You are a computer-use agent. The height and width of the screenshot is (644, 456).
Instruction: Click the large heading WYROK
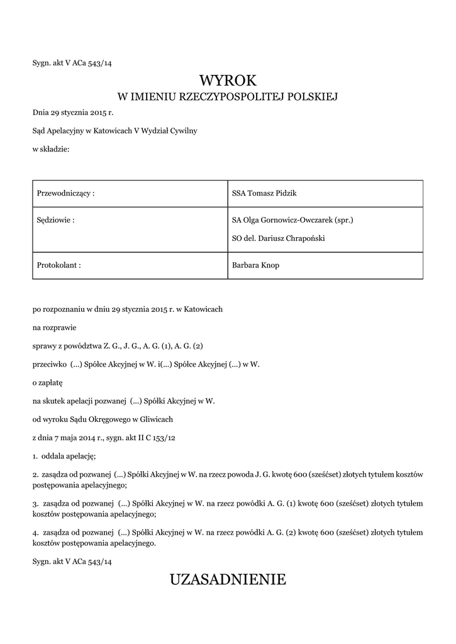pos(228,80)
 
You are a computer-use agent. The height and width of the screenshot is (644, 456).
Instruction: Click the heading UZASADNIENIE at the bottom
pos(228,579)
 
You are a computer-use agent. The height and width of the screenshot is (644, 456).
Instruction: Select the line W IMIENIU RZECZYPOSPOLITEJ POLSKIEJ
pos(228,97)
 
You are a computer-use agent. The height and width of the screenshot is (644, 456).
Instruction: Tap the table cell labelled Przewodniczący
pos(67,193)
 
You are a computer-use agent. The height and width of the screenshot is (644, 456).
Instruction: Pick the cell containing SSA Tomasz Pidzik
pos(260,193)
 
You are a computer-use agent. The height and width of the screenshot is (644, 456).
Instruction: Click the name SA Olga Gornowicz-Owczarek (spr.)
pos(292,220)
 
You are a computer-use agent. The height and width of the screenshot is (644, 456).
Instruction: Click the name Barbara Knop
pos(255,265)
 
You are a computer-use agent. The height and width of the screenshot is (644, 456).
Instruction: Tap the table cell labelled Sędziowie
pos(54,220)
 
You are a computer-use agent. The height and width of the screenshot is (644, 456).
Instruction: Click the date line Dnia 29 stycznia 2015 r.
pos(72,113)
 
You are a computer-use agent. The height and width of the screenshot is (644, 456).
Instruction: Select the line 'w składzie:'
pos(51,148)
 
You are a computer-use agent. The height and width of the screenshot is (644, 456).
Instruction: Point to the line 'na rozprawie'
pos(53,328)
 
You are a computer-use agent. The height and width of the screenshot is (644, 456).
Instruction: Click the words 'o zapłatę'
pos(48,382)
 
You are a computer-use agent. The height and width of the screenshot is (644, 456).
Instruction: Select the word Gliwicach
pos(156,419)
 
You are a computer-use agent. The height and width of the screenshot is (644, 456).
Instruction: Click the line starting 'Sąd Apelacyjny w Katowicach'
pos(115,131)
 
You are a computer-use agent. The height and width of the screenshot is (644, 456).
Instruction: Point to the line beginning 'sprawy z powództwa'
pos(118,346)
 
